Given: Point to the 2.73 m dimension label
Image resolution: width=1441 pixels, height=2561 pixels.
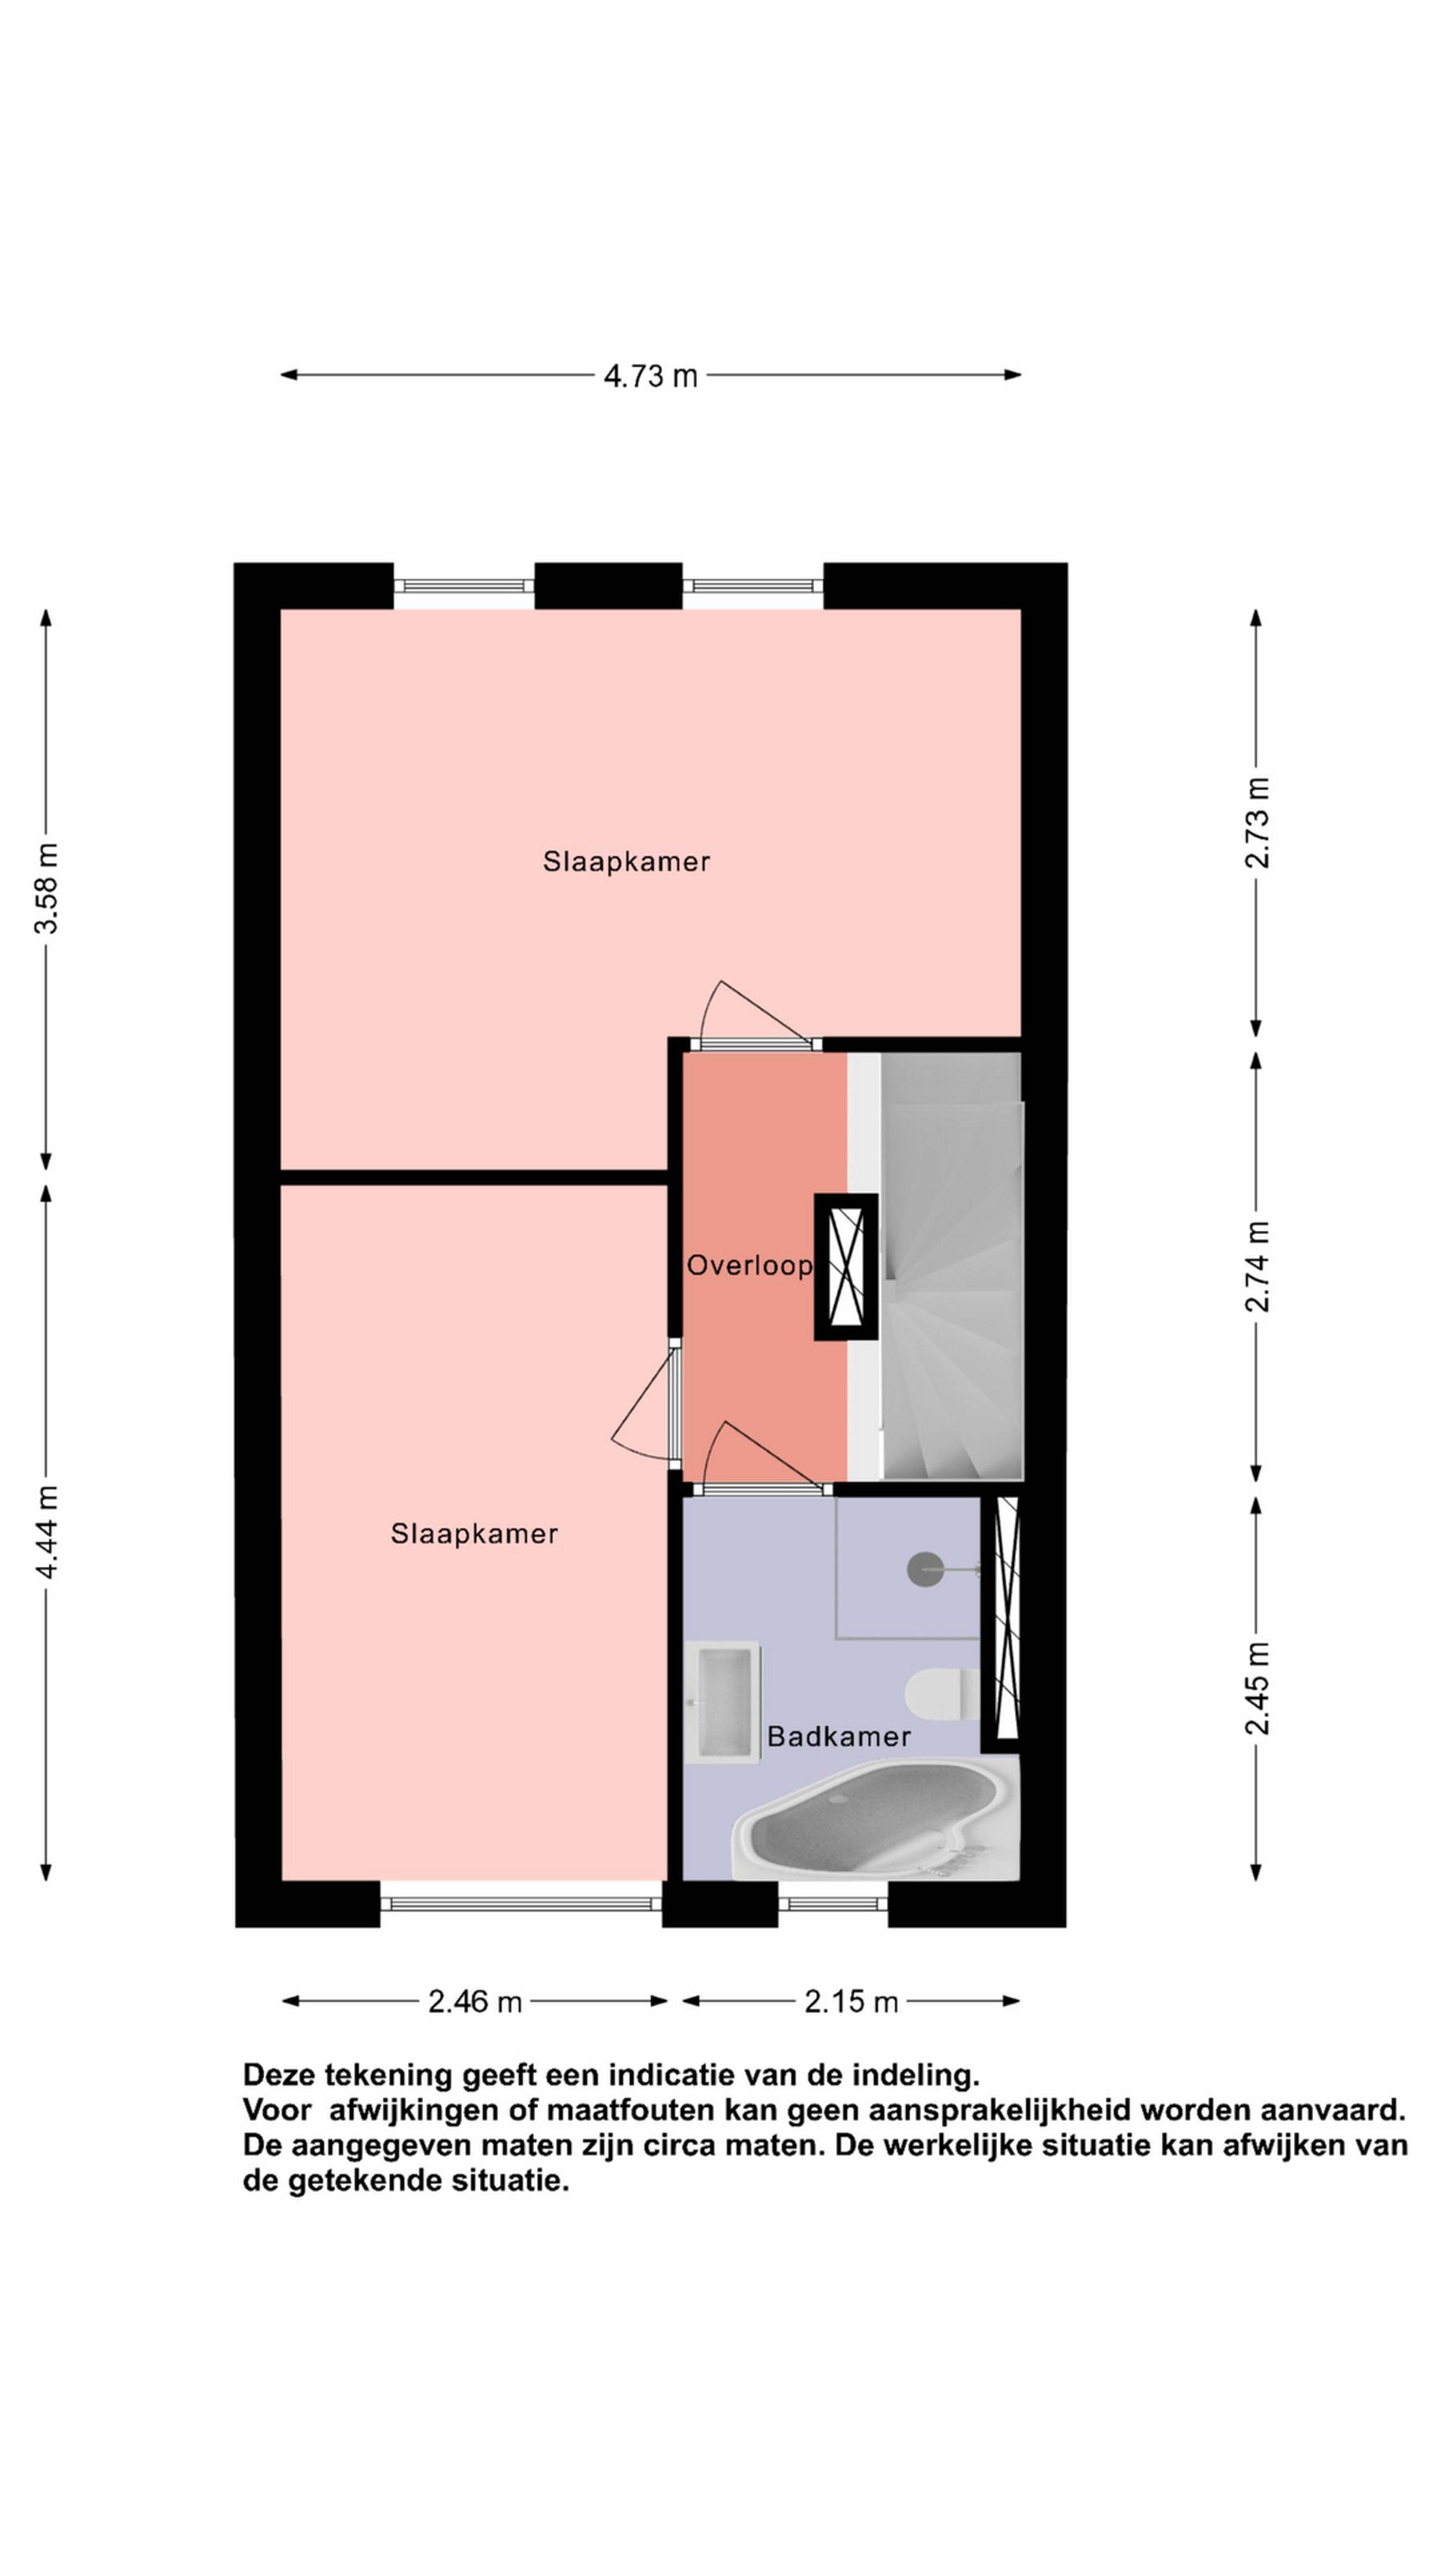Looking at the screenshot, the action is (x=1257, y=822).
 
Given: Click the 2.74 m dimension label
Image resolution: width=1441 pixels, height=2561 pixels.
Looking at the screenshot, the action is (x=1257, y=1265).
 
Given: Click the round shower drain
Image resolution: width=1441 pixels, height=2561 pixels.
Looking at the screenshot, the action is (x=925, y=1569).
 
